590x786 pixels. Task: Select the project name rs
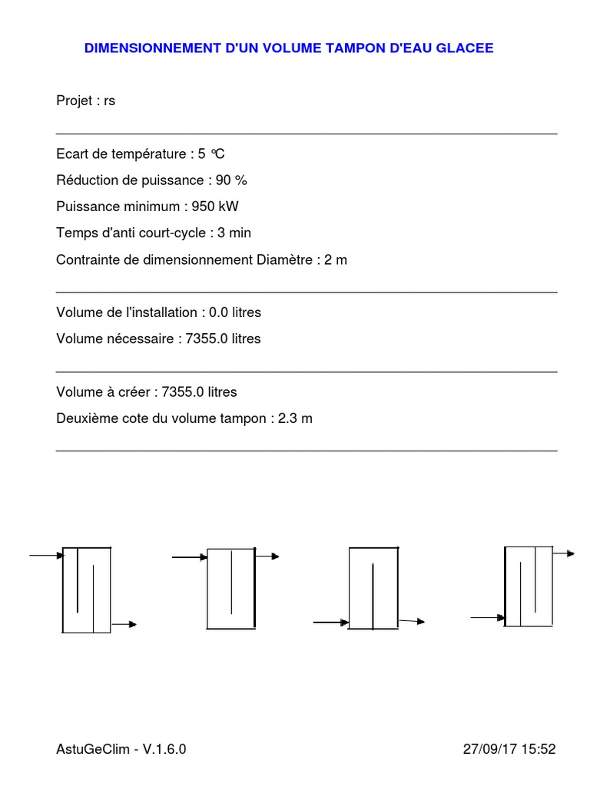(109, 101)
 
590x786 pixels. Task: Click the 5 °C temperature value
(211, 154)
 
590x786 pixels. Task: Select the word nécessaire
(139, 339)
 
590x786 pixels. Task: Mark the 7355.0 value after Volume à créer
(184, 392)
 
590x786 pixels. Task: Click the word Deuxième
(84, 418)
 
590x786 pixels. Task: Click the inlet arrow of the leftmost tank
(45, 555)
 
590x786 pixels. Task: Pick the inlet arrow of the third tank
(330, 623)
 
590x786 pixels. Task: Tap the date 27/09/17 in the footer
(489, 749)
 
